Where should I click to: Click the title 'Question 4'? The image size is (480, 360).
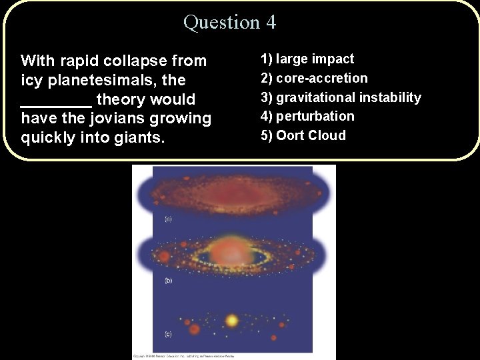[229, 22]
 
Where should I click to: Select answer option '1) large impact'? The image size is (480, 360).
[307, 59]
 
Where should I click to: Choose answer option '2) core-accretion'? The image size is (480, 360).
[314, 78]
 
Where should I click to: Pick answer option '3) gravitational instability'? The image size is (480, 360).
[341, 97]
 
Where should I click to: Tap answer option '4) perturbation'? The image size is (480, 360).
[307, 116]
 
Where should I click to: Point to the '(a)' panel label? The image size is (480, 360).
[169, 219]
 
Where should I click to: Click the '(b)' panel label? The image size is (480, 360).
[169, 281]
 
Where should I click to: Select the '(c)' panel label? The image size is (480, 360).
[169, 333]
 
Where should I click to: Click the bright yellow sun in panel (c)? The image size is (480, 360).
[232, 321]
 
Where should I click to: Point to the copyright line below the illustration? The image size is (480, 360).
[183, 356]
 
